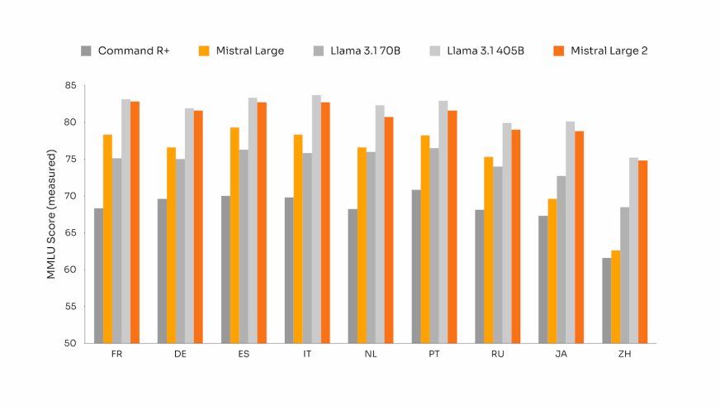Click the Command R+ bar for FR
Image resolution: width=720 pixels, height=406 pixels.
[x=98, y=275]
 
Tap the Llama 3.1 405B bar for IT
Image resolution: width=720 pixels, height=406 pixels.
[x=316, y=219]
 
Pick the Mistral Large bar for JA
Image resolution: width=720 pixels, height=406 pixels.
[x=552, y=270]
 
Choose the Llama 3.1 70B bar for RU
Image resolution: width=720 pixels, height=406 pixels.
[x=497, y=255]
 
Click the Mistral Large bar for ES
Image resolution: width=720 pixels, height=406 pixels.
[x=234, y=235]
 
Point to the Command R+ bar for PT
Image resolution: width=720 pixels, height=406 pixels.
[x=415, y=266]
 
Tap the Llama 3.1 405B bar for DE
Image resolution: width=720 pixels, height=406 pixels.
[x=189, y=226]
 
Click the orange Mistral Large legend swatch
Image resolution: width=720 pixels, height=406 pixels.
[x=204, y=51]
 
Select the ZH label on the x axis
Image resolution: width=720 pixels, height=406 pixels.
[x=625, y=354]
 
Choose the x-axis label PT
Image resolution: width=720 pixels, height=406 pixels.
[x=434, y=354]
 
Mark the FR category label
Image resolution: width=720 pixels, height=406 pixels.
[x=117, y=354]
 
